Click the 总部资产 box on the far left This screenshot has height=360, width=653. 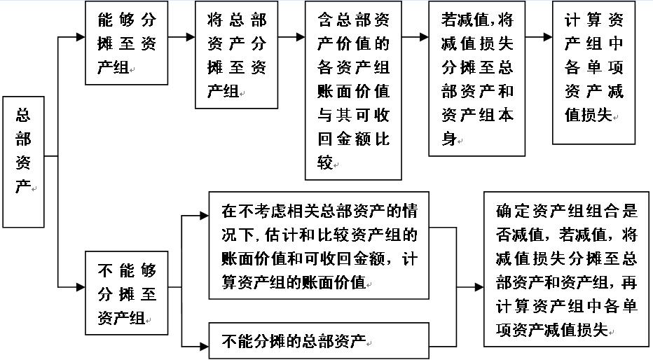pos(23,162)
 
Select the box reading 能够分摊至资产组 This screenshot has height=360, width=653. pos(126,43)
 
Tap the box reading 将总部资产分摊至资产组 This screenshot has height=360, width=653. pos(237,55)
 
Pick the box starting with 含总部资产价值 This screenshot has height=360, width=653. pos(353,90)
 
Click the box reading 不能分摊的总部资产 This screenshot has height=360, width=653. pos(319,342)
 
